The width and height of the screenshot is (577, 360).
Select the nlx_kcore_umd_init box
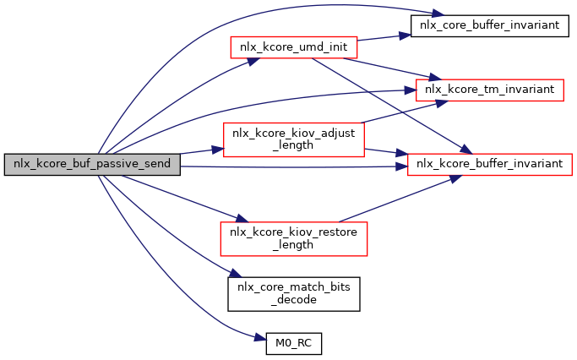(294, 46)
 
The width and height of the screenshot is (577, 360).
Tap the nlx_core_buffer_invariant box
(485, 25)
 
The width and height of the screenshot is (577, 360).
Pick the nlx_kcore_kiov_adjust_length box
(293, 139)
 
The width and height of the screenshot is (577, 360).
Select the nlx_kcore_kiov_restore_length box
(293, 238)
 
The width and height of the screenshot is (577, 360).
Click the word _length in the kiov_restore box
(294, 245)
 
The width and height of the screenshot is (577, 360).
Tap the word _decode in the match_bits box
(295, 298)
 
